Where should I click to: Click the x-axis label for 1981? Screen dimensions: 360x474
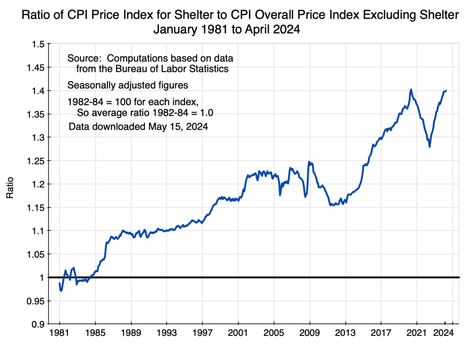tap(60, 333)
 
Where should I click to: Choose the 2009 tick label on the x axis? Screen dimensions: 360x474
tap(309, 333)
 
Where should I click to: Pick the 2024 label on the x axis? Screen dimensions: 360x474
tap(445, 333)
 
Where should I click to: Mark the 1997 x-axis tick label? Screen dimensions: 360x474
tap(202, 333)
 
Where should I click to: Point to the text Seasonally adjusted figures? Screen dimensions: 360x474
tap(127, 85)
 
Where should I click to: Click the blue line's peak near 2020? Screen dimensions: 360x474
tap(411, 89)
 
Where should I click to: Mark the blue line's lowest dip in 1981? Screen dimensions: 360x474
tap(61, 291)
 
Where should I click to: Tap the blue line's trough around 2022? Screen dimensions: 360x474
tap(430, 147)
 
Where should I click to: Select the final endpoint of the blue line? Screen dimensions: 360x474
tap(446, 91)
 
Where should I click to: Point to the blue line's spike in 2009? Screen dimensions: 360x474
tap(309, 162)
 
